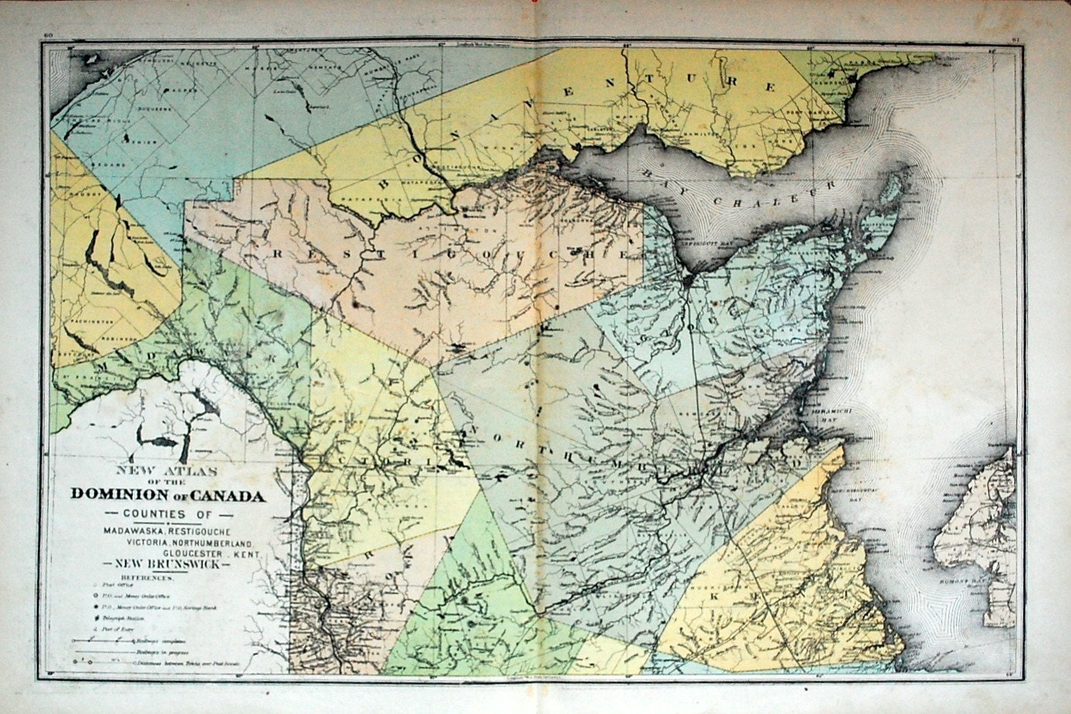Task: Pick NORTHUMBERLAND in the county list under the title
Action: pyautogui.click(x=217, y=543)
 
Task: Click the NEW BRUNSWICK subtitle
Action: pyautogui.click(x=167, y=565)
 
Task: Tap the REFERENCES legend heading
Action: pyautogui.click(x=148, y=577)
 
